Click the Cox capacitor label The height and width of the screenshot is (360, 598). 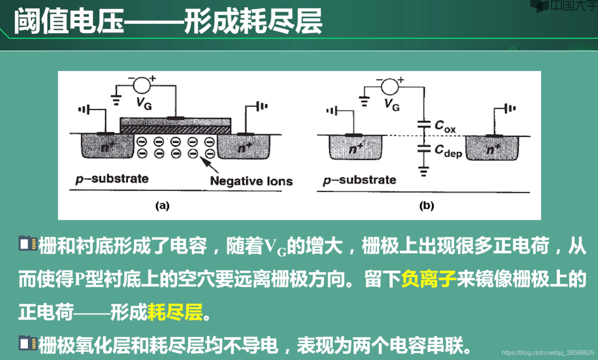[445, 126]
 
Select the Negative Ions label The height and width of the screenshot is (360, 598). [251, 181]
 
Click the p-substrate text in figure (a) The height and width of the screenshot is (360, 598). [112, 179]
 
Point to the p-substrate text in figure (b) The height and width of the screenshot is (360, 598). [359, 180]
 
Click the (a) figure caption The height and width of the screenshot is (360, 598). [162, 206]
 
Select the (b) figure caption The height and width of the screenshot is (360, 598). [426, 206]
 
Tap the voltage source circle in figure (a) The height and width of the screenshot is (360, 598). [142, 85]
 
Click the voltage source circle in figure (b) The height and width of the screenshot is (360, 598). [390, 86]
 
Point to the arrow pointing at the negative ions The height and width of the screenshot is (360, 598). [209, 165]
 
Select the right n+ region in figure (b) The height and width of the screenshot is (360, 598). [492, 148]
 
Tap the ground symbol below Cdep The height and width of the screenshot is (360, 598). [423, 172]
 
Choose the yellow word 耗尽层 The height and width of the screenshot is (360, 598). [175, 312]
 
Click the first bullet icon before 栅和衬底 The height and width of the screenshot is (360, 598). [28, 244]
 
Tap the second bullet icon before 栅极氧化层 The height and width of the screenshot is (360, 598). [28, 343]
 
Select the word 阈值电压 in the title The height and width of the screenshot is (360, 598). [69, 22]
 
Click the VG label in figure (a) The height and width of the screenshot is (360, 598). [144, 103]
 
